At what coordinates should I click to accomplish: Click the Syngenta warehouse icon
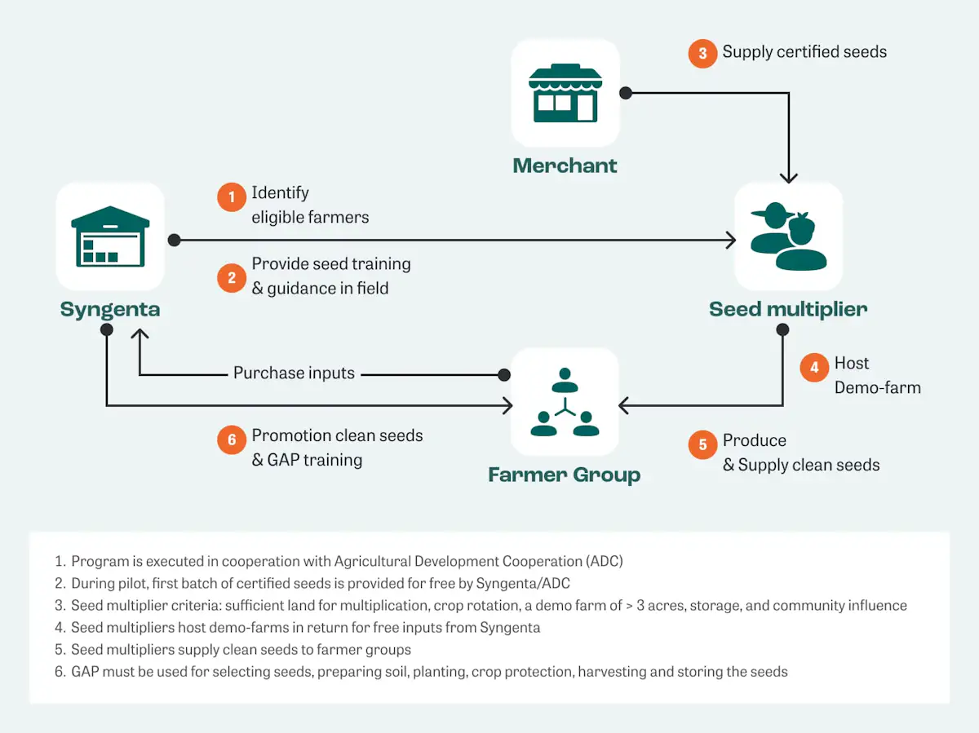coord(110,236)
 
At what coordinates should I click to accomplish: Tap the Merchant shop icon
coord(565,93)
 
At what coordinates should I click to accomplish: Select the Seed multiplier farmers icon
coord(788,236)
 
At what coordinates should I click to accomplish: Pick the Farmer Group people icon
coord(565,402)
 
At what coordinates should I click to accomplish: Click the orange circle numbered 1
coord(232,197)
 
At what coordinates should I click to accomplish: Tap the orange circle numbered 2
coord(232,278)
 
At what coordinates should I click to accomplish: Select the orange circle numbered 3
coord(702,54)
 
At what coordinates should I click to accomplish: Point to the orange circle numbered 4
coord(814,367)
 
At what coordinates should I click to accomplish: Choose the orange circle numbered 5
coord(702,444)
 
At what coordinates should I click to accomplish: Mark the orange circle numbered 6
coord(232,440)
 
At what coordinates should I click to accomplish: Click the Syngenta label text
coord(110,310)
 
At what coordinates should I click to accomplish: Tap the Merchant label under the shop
coord(565,166)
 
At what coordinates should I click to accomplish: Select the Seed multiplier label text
coord(788,310)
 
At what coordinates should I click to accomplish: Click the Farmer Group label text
coord(565,475)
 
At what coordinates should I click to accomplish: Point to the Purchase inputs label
coord(294,373)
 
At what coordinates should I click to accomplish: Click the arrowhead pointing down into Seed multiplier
coord(788,176)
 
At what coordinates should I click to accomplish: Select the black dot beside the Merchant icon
coord(626,93)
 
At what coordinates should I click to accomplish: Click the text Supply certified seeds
coord(804,52)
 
